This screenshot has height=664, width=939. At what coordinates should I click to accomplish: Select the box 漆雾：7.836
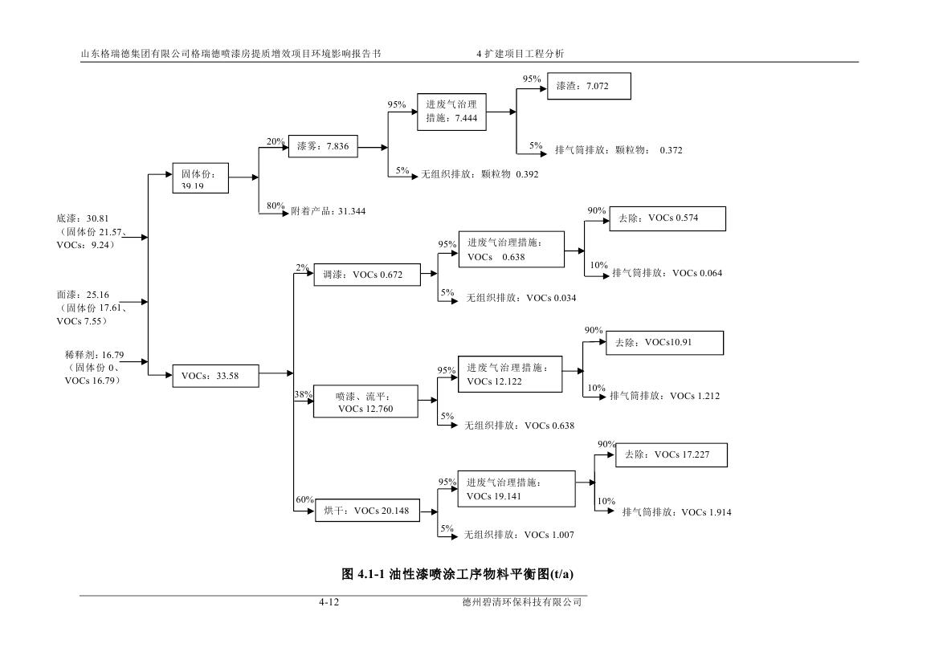coord(323,147)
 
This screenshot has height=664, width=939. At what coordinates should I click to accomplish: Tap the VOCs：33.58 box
coord(216,376)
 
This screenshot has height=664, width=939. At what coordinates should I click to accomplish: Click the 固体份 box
coord(201,178)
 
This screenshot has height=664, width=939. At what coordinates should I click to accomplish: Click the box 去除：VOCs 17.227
coord(672,455)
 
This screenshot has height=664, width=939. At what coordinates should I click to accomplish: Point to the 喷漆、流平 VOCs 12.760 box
coord(366,402)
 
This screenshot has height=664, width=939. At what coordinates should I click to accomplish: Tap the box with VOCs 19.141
coord(516,489)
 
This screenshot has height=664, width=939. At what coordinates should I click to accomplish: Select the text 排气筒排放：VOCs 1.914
coord(677,512)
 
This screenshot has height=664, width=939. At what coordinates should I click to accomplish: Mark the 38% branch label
coord(304,394)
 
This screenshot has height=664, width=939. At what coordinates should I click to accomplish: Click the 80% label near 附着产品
coord(276,206)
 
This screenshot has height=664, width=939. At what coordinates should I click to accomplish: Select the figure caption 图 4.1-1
coord(458,574)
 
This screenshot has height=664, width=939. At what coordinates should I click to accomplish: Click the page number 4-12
coord(329,603)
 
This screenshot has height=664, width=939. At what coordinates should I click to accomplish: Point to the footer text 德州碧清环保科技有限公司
coord(516,603)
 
